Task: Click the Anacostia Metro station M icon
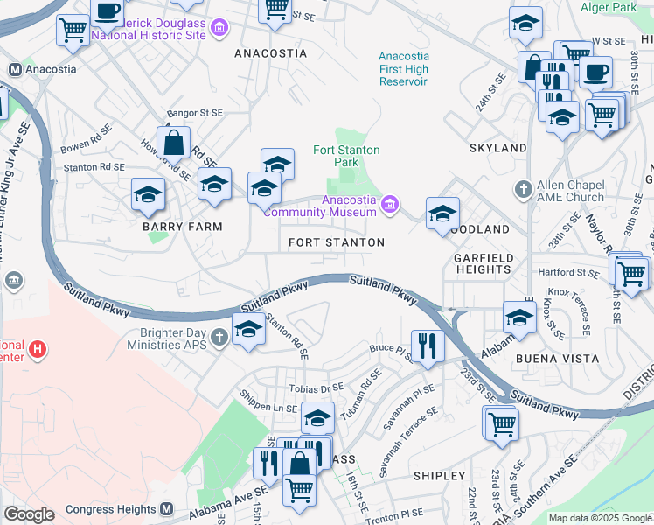14,68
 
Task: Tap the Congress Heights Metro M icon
169,509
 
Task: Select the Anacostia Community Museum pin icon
390,206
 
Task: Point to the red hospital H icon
38,350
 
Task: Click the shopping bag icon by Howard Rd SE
175,142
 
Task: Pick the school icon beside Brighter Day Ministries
248,331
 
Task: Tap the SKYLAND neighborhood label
497,148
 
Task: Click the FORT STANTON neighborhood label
337,241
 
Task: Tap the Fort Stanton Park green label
347,156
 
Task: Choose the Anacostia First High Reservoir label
403,68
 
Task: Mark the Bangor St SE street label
195,113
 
